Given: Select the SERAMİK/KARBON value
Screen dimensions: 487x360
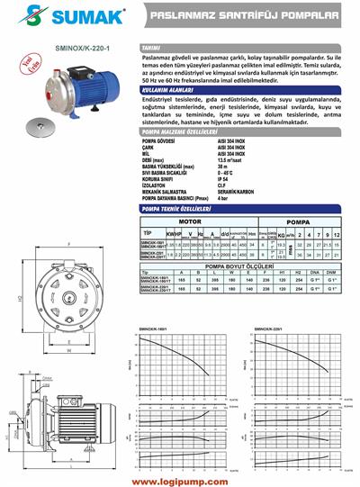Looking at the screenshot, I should (x=236, y=192).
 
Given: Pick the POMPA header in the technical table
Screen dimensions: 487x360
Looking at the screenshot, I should (x=299, y=219).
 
